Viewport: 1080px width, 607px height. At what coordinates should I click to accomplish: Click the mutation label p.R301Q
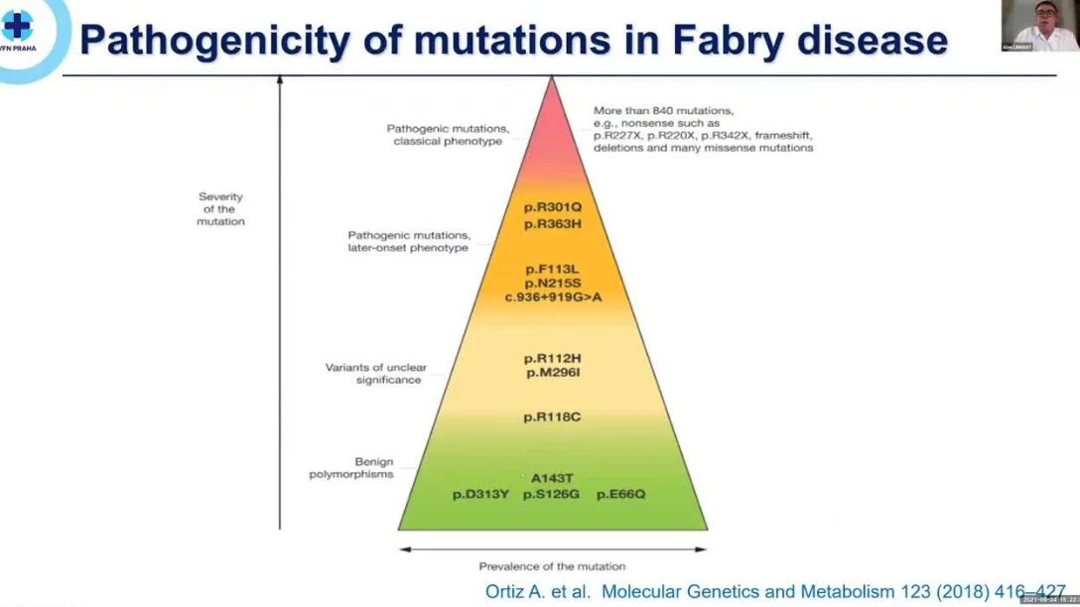point(553,208)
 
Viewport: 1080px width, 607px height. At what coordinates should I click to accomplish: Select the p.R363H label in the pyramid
point(553,225)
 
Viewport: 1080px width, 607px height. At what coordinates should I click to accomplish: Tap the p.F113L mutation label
point(552,269)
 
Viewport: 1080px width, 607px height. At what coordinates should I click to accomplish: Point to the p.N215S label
point(552,283)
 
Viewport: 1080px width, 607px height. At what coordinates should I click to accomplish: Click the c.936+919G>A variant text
point(552,297)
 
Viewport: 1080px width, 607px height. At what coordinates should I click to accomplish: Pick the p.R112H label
point(553,358)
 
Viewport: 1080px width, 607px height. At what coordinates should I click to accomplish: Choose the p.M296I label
point(553,372)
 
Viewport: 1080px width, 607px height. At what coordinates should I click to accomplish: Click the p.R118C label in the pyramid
point(553,417)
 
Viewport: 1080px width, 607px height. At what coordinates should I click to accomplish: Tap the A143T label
point(553,478)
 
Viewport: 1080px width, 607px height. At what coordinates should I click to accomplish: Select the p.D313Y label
point(481,493)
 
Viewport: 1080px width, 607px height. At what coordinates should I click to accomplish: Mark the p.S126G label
point(551,493)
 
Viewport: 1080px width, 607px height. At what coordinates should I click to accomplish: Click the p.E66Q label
point(620,493)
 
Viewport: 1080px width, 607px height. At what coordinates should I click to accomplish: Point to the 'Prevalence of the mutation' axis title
point(553,566)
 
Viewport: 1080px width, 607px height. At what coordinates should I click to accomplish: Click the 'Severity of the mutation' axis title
point(220,209)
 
